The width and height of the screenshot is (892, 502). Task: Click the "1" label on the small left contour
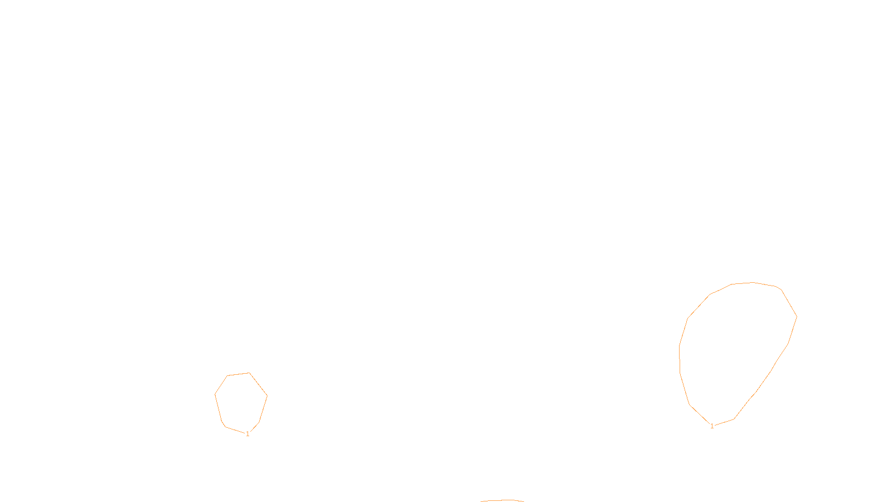click(x=248, y=434)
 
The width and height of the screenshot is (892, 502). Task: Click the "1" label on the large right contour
click(x=712, y=426)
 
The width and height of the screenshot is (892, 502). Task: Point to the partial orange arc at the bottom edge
click(x=502, y=500)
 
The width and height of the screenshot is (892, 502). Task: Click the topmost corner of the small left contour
click(x=249, y=373)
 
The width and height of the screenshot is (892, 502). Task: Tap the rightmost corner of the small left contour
click(x=267, y=396)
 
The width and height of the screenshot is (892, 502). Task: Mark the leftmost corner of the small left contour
click(x=215, y=394)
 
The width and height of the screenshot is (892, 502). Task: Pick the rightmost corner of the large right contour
click(x=797, y=317)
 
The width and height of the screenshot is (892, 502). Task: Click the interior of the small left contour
click(x=241, y=402)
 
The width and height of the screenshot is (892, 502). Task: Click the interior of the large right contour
click(x=736, y=351)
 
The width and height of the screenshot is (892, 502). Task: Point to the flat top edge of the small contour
click(x=238, y=374)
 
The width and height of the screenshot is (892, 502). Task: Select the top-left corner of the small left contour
click(x=227, y=376)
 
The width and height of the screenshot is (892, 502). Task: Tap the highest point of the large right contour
click(x=753, y=282)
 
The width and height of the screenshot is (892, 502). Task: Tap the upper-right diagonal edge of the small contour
click(x=258, y=384)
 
